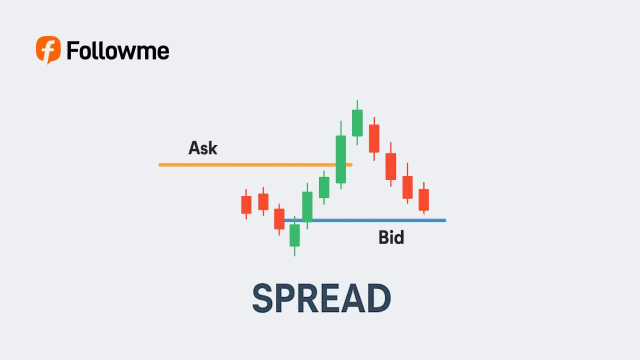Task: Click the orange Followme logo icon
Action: (x=48, y=49)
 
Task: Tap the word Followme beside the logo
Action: (x=117, y=50)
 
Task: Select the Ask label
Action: (x=203, y=147)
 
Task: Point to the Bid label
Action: (x=391, y=237)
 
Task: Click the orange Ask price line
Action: (x=255, y=164)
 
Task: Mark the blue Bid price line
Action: (x=365, y=220)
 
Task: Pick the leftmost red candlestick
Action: (x=246, y=204)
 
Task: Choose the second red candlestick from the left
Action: (x=263, y=201)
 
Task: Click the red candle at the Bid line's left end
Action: (x=279, y=219)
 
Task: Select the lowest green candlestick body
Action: (x=294, y=235)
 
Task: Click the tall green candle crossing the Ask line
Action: (x=340, y=159)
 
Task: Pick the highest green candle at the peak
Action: (x=357, y=123)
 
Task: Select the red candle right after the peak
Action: (x=374, y=138)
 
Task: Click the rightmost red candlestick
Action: (x=423, y=199)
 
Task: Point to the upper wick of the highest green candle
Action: (x=357, y=105)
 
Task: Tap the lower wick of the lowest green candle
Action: (x=294, y=251)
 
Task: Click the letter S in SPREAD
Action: (x=262, y=298)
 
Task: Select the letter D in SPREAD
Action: (x=379, y=298)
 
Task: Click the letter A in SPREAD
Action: (x=353, y=298)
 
